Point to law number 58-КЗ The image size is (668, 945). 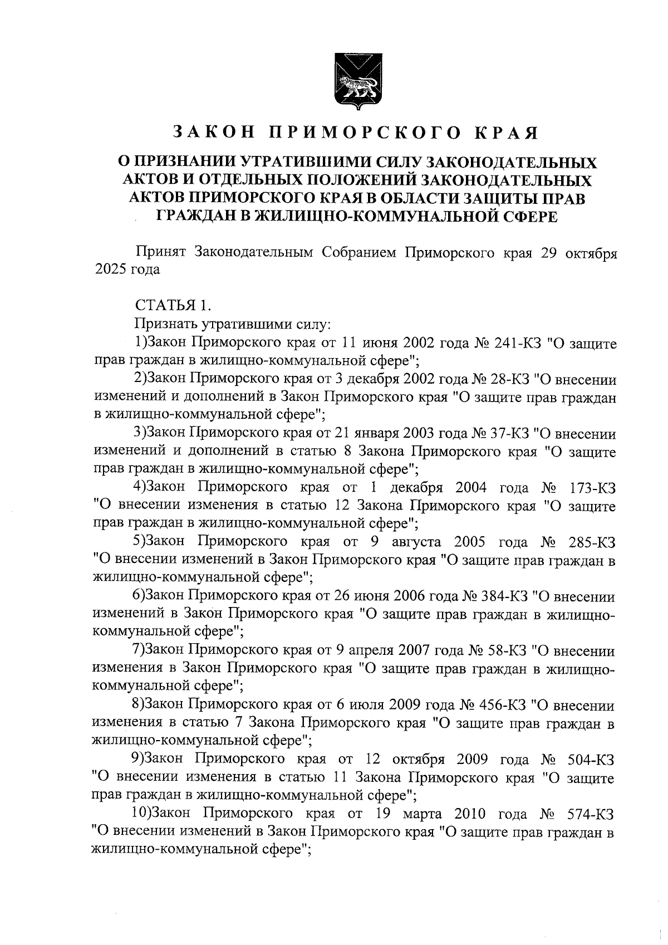pos(503,650)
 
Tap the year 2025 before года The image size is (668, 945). pos(111,270)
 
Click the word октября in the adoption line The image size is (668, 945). pos(591,253)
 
